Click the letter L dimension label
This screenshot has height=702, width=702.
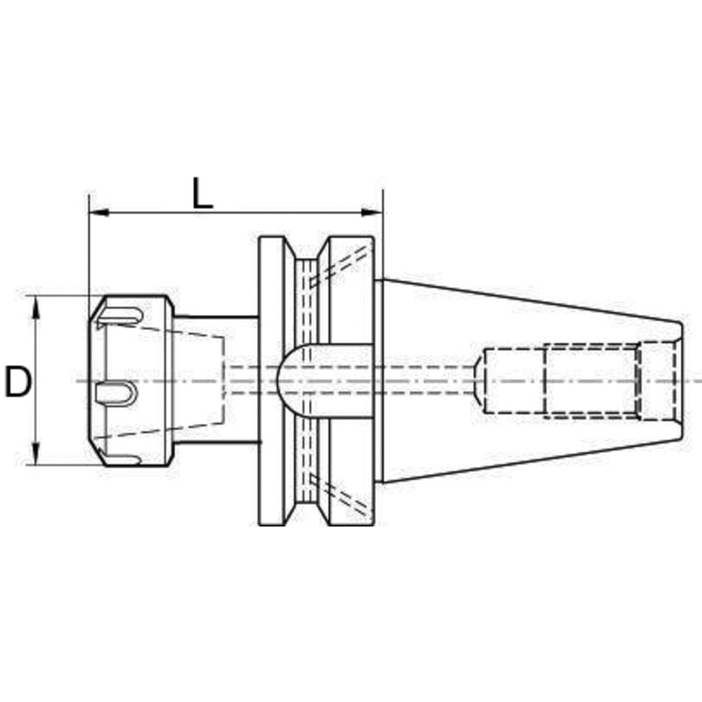[203, 193]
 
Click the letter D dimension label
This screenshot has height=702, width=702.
[18, 382]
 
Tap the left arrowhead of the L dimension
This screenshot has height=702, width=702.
[99, 211]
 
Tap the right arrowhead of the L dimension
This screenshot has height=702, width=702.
[372, 211]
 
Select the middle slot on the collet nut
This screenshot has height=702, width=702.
[115, 393]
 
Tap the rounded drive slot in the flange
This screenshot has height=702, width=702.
[325, 381]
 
